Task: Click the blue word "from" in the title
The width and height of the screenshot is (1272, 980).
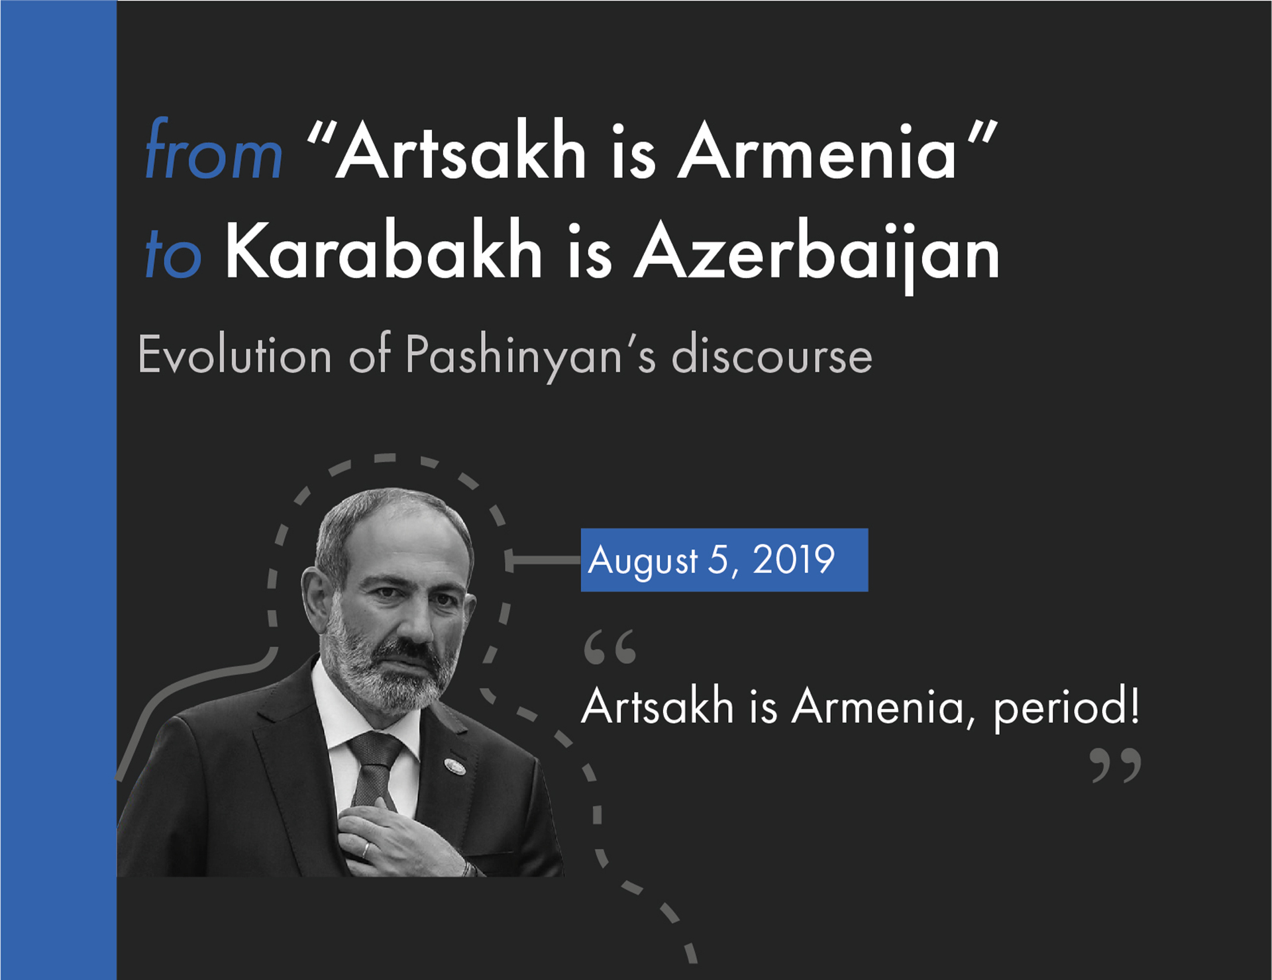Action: [x=213, y=151]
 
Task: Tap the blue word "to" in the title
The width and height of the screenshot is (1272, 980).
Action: [x=173, y=254]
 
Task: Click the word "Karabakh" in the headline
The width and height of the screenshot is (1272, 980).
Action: [x=384, y=252]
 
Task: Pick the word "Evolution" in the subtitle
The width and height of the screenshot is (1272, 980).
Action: [x=235, y=356]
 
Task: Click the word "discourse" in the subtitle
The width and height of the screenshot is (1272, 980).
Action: [x=772, y=356]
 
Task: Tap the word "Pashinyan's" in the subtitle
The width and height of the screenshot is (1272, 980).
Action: [x=530, y=356]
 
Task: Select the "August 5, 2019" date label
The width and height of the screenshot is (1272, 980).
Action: [x=724, y=560]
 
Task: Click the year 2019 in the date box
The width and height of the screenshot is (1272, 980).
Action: [x=793, y=560]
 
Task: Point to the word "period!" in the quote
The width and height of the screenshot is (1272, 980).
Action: [x=1066, y=707]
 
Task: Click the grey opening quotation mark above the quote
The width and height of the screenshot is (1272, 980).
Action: [x=609, y=648]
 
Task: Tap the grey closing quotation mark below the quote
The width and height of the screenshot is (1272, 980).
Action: [x=1116, y=765]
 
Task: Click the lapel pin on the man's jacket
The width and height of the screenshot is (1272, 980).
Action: [x=454, y=766]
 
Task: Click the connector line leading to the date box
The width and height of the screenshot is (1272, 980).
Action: [x=543, y=560]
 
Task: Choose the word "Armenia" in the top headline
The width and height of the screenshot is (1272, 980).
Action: [x=817, y=151]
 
